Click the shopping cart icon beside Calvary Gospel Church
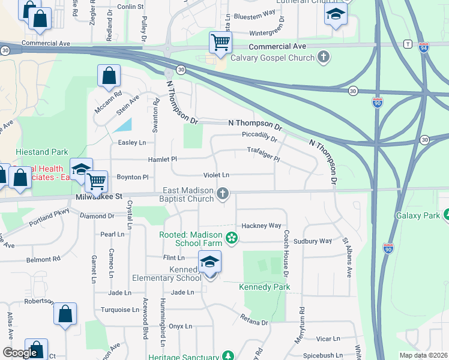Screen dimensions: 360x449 coord(220,43)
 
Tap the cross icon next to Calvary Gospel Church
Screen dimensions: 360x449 coord(324,58)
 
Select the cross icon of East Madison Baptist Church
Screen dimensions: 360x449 coord(223,193)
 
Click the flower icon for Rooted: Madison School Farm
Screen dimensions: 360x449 coord(231,239)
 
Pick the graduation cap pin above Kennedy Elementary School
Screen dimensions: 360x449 coord(209,262)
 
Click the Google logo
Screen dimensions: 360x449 coord(20,353)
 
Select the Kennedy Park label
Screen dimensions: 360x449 coord(265,287)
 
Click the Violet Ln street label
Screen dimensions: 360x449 coord(217,175)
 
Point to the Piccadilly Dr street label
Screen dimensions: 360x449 coord(259,136)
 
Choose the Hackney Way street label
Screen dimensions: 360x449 coord(261,226)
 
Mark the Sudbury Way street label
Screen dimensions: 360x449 coord(318,241)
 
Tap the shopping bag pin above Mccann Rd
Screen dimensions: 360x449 coord(109,76)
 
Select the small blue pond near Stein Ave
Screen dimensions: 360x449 coord(123,125)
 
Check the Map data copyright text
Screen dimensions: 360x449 coord(423,355)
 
